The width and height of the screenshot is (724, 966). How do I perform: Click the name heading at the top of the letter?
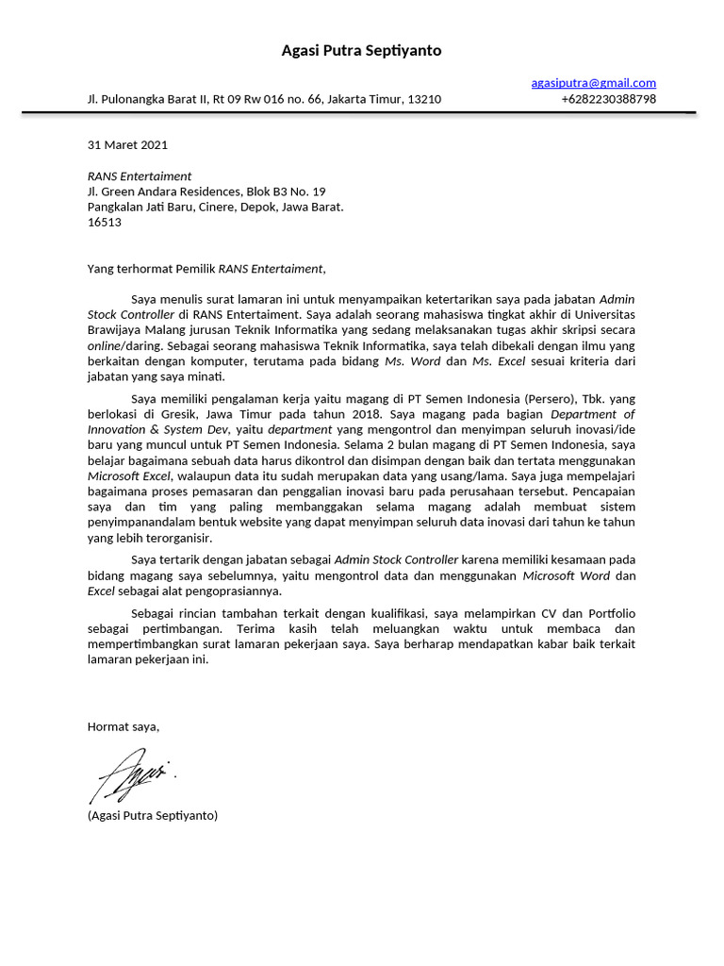(x=361, y=50)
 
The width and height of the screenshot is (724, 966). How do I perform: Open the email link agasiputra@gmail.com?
(x=593, y=83)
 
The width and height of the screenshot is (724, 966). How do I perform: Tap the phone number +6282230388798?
(x=608, y=99)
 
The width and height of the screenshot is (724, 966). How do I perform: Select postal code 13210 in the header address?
(x=424, y=99)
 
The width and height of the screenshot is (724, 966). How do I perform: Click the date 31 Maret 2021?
(x=127, y=145)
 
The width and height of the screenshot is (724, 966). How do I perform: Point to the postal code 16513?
(x=104, y=222)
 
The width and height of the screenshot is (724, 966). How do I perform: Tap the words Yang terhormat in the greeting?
(x=126, y=268)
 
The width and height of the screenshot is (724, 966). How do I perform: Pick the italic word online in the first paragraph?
(x=106, y=345)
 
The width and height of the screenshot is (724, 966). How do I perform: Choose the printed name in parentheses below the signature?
(x=152, y=814)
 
